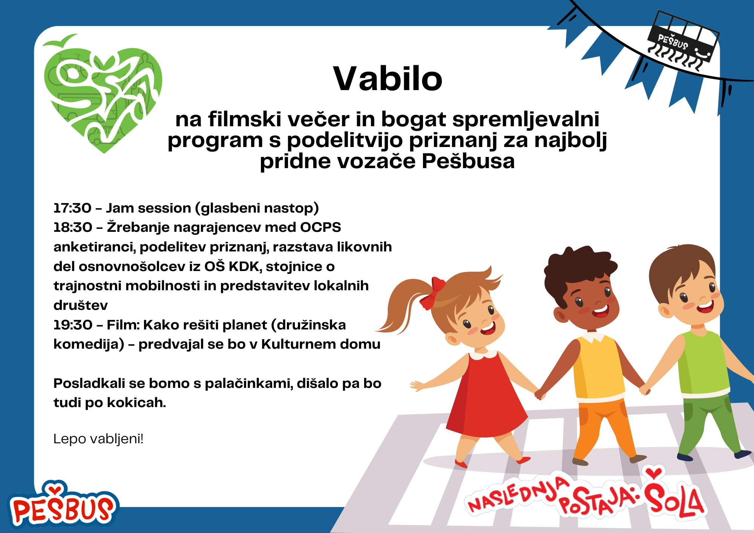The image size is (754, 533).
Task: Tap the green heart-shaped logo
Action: point(103,94)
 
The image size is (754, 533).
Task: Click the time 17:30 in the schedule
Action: point(72,208)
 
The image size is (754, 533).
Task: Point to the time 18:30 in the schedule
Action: point(73,227)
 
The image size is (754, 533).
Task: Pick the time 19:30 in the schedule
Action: point(73,325)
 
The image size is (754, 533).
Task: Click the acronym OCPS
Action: point(320,227)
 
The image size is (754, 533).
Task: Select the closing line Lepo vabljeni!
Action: point(98,439)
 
